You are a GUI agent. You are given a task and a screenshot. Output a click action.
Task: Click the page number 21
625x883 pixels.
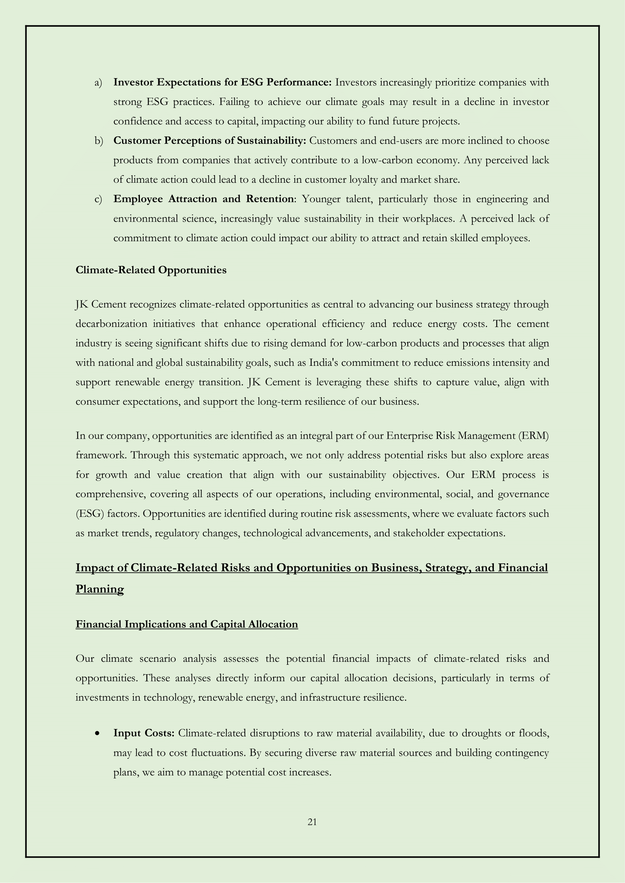[312, 822]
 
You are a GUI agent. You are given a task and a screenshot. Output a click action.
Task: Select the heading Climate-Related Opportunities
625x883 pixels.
[151, 270]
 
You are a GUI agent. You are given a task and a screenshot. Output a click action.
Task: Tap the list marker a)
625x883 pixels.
[98, 83]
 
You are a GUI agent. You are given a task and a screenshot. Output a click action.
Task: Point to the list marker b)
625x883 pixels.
[99, 141]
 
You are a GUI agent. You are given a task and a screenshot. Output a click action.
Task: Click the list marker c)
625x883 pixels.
[98, 199]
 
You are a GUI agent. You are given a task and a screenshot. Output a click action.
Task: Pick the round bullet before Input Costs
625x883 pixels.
[98, 734]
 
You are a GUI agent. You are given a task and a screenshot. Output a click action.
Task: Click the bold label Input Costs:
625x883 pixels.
[144, 733]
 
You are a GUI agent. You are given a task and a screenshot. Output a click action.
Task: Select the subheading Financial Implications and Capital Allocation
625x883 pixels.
[187, 624]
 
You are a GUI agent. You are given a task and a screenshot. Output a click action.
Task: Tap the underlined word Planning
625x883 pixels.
[100, 589]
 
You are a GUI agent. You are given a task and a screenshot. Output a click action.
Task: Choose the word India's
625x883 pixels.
[325, 363]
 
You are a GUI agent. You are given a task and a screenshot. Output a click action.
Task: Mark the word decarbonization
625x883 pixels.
[111, 324]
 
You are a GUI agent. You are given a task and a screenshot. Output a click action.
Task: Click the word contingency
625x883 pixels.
[522, 753]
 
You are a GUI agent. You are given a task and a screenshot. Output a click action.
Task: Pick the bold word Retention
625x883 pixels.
[269, 199]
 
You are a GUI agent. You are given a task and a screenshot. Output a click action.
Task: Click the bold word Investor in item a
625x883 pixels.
[133, 83]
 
